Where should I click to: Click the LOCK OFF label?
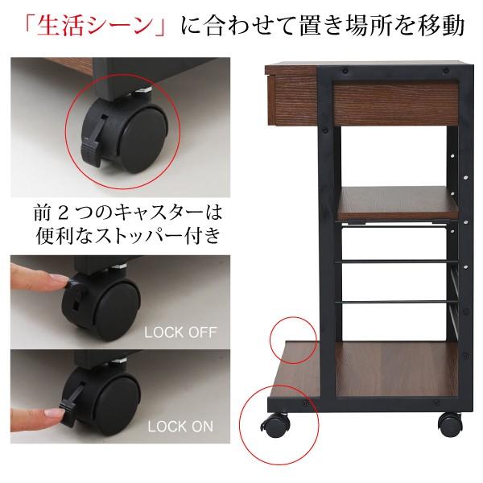181,332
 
